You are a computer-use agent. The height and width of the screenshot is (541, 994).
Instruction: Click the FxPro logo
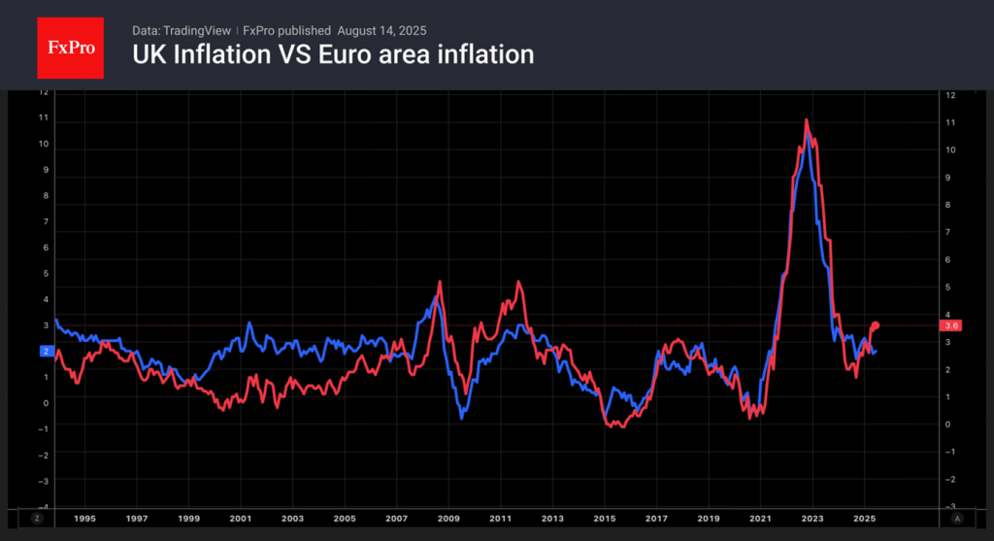(x=70, y=46)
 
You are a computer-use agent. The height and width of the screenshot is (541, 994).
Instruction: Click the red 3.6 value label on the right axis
(x=950, y=326)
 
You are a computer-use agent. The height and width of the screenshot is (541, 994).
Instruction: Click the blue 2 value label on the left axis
(x=45, y=351)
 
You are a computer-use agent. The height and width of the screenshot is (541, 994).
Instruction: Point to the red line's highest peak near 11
(x=807, y=120)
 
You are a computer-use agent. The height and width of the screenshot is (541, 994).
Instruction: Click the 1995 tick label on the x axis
(x=84, y=519)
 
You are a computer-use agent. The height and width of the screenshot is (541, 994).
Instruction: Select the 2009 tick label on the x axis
(x=447, y=519)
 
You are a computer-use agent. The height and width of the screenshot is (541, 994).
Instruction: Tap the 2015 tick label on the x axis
(x=605, y=519)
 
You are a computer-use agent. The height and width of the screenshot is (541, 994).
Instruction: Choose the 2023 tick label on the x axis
(x=813, y=519)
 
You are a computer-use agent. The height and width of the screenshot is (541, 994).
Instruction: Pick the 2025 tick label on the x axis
(x=866, y=519)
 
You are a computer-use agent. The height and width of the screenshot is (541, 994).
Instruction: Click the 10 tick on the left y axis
(x=43, y=144)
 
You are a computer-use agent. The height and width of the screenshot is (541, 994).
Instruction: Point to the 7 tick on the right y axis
(x=950, y=232)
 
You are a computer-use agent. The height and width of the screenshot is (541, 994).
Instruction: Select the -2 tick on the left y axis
(x=42, y=454)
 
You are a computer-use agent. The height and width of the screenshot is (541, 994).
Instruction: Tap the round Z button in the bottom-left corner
(x=38, y=519)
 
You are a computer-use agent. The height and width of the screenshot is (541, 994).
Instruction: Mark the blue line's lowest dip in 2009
(x=462, y=418)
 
